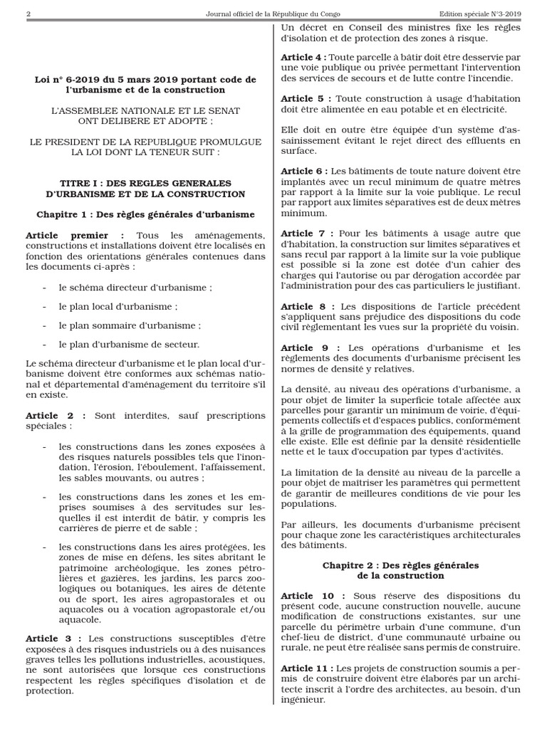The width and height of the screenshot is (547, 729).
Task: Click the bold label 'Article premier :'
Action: tap(75, 235)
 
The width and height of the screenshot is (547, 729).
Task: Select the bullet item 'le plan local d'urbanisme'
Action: tap(118, 306)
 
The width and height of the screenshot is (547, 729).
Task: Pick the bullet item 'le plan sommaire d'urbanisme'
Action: tap(130, 325)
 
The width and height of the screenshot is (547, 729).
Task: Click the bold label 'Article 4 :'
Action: tap(304, 57)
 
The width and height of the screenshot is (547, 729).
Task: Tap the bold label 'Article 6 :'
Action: tap(304, 172)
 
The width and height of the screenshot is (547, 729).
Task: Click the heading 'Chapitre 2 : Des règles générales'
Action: tap(400, 565)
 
